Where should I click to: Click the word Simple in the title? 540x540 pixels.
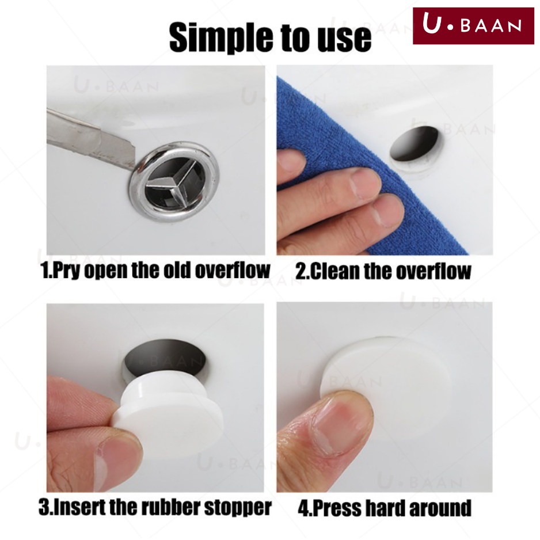coord(222,37)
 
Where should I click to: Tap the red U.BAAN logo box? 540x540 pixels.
coord(473,26)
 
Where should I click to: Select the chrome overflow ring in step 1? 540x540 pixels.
coord(174,181)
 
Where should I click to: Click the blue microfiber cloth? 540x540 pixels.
coord(355,162)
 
